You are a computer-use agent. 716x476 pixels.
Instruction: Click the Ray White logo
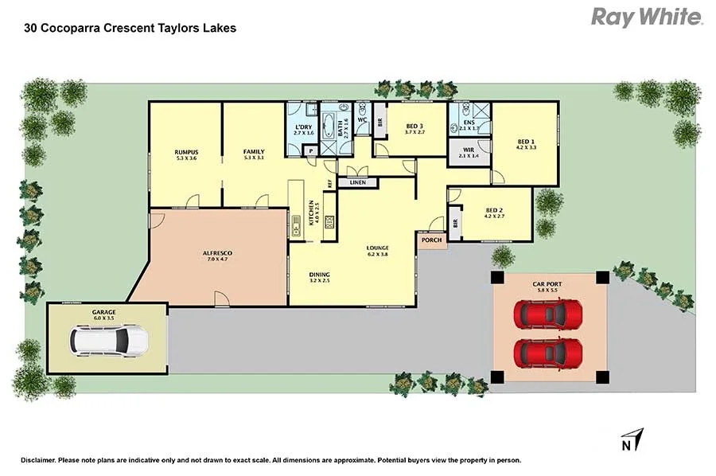[x=646, y=17]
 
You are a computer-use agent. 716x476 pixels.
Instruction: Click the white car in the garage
[x=109, y=341]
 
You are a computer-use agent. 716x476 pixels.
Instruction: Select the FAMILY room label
[x=254, y=152]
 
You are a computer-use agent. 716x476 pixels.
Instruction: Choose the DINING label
[x=320, y=275]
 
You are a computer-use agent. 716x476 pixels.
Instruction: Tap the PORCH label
[x=431, y=240]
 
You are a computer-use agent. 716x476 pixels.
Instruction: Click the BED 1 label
[x=526, y=142]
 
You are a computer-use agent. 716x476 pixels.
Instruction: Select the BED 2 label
[x=496, y=210]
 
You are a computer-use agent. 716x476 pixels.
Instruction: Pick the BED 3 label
[x=415, y=126]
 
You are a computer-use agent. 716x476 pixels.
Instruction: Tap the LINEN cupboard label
[x=357, y=183]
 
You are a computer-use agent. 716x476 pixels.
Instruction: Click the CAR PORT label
[x=549, y=284]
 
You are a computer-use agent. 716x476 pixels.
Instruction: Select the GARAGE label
[x=104, y=312]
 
